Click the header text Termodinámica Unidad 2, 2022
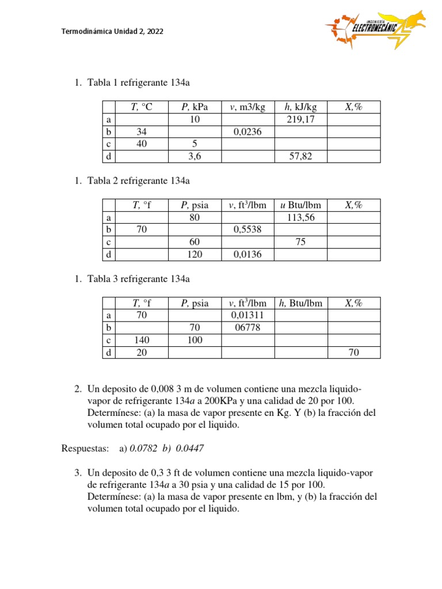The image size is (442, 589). [x=112, y=32]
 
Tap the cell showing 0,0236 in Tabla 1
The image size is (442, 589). [x=247, y=132]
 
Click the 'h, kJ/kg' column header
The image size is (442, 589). [x=301, y=107]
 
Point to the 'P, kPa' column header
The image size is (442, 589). [x=195, y=107]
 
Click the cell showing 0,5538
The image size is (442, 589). [x=247, y=230]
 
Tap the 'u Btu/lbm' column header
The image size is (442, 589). [x=301, y=205]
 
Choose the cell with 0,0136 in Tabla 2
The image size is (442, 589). [x=247, y=254]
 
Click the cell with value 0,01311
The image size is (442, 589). [x=247, y=316]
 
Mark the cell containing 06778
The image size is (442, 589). [x=247, y=328]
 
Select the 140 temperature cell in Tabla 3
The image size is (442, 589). [x=142, y=340]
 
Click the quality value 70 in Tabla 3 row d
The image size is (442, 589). [x=353, y=353]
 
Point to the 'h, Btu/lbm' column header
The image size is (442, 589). [x=301, y=303]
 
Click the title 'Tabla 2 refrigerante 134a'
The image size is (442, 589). [x=138, y=181]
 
